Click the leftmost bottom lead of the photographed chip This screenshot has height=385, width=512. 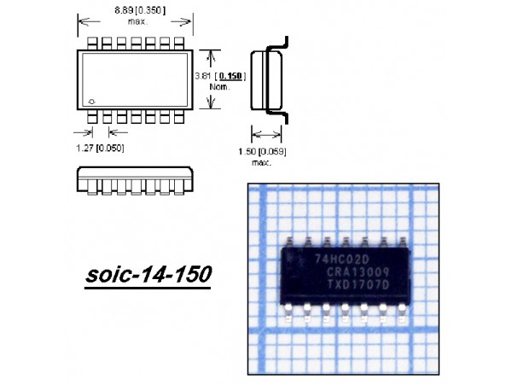(293, 308)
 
